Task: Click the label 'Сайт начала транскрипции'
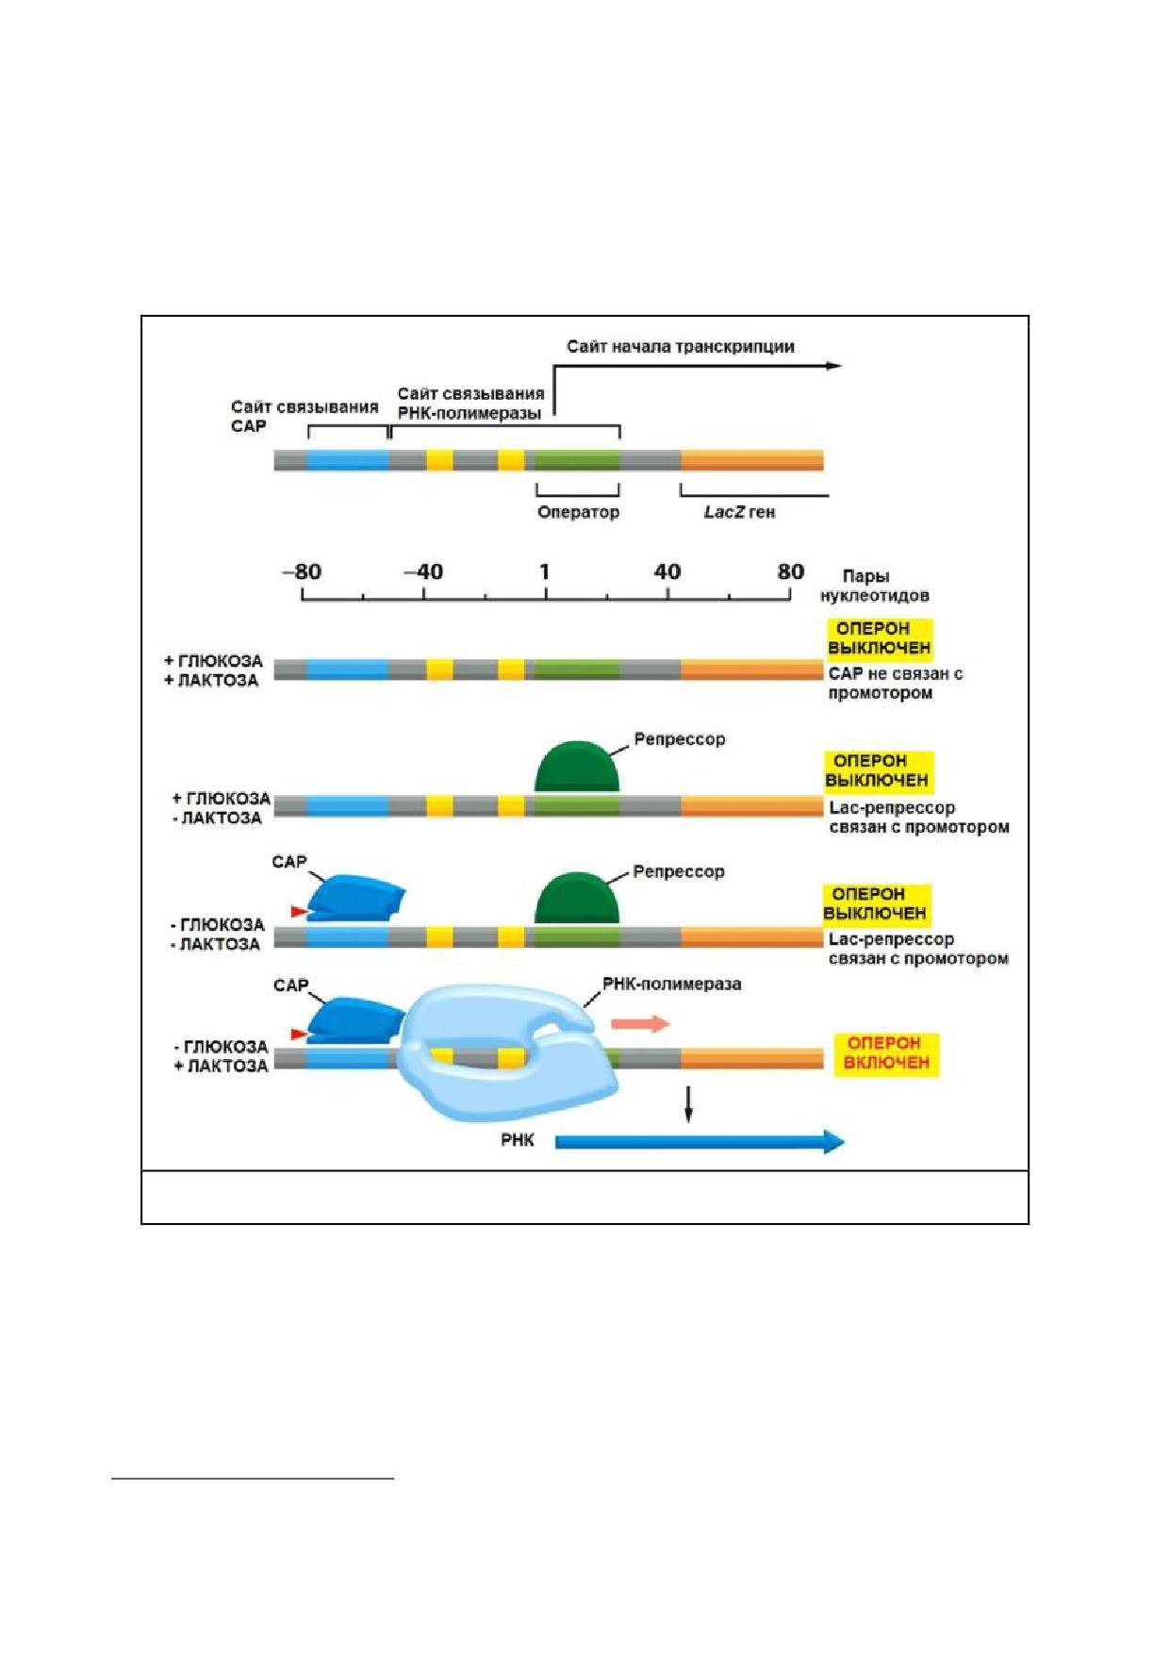[x=680, y=347]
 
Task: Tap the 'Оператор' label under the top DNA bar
[x=578, y=513]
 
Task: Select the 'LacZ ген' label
[x=739, y=513]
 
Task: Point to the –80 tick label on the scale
[x=302, y=571]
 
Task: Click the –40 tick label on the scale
[x=423, y=571]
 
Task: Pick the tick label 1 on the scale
[x=545, y=571]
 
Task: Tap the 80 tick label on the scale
[x=790, y=571]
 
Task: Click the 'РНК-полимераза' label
[x=671, y=984]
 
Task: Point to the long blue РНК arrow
[x=700, y=1142]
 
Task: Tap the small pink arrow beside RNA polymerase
[x=640, y=1024]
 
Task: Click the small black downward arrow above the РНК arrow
[x=688, y=1104]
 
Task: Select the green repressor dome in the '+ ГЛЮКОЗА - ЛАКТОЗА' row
[x=577, y=766]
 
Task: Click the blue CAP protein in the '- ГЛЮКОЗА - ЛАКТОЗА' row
[x=356, y=899]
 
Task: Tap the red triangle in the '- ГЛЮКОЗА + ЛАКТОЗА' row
[x=300, y=1034]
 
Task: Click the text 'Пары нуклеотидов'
[x=874, y=586]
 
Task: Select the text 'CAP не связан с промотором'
[x=895, y=684]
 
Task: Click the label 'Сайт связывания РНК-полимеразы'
[x=470, y=404]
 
